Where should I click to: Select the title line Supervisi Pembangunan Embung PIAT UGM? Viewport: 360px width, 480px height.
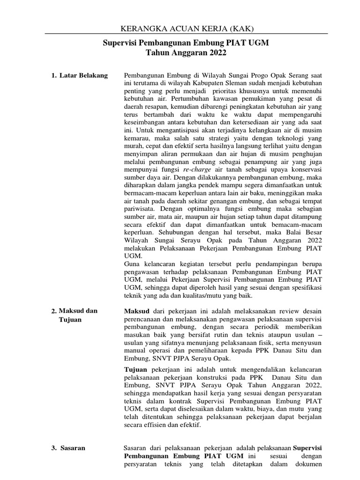click(x=186, y=44)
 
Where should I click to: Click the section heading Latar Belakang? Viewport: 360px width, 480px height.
click(x=83, y=75)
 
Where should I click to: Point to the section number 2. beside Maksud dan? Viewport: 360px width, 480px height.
click(x=54, y=311)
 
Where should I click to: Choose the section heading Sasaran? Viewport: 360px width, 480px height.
click(x=72, y=448)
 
